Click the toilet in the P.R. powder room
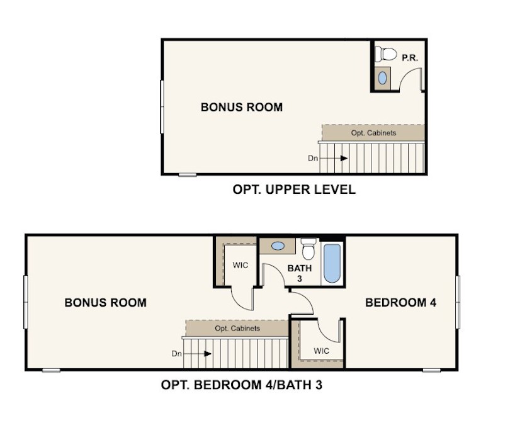(386, 54)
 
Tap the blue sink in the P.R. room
(383, 78)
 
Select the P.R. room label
(410, 58)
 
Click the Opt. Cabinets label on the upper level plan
(373, 133)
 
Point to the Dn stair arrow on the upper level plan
(334, 159)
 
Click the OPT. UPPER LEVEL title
(294, 189)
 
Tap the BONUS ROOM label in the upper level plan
(242, 107)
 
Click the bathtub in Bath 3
(332, 263)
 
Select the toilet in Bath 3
(309, 249)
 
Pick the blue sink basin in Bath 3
(278, 246)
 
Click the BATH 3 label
(300, 273)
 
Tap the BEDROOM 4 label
(400, 303)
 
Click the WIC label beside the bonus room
(241, 265)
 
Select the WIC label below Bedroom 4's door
(321, 351)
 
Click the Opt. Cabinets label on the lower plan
(237, 329)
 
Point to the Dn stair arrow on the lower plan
(198, 354)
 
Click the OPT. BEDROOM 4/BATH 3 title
(242, 385)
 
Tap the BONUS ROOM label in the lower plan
(105, 303)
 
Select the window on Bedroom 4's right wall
(458, 302)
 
